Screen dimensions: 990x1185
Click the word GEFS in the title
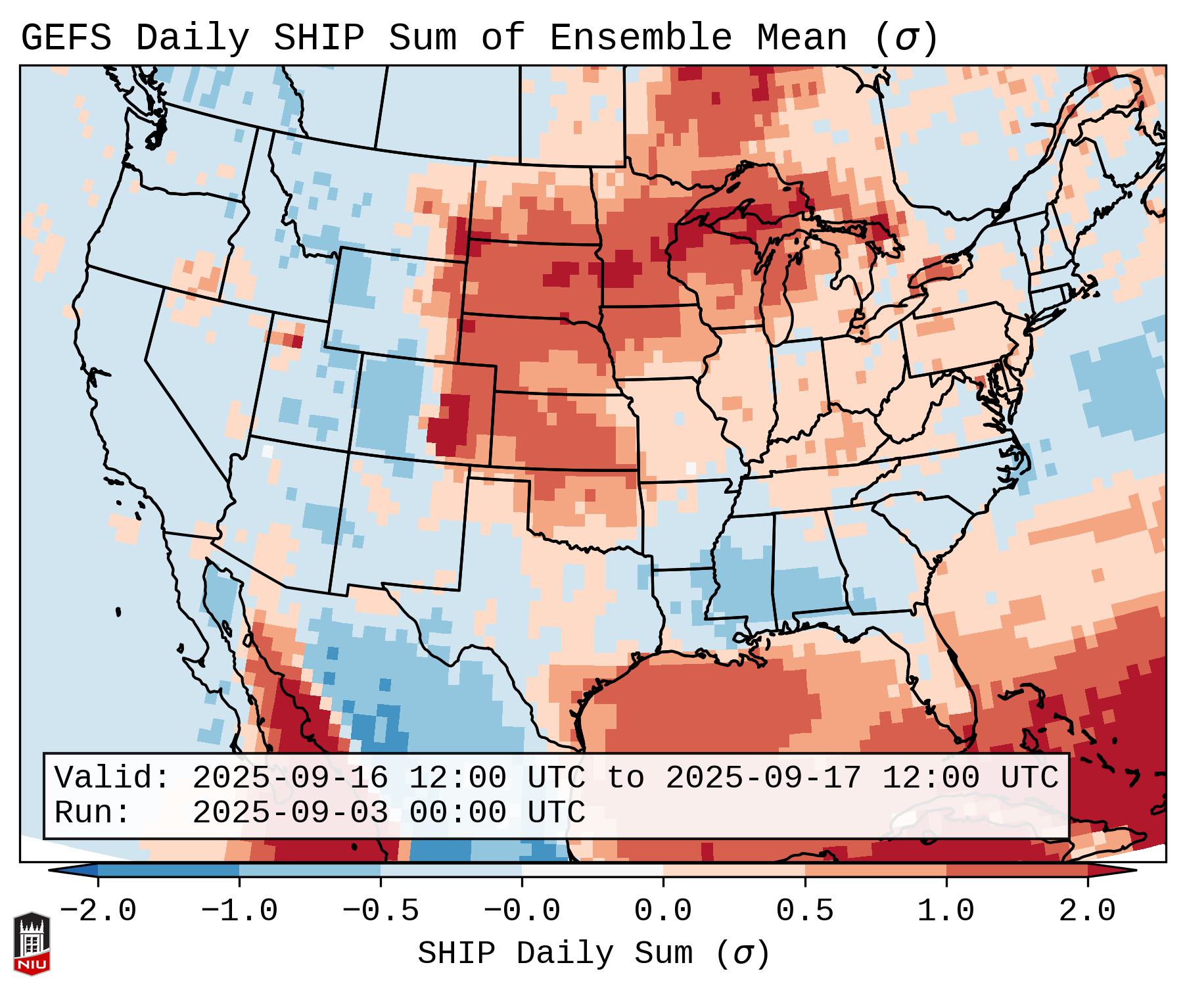66,38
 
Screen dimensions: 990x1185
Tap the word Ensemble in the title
640,38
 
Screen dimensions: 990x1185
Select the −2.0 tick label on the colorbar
98,911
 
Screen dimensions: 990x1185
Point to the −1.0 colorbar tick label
239,911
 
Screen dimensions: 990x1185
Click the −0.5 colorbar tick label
381,911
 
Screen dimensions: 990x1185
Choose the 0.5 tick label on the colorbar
804,911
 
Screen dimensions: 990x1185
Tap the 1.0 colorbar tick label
946,911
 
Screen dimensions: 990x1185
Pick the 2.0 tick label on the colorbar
1087,911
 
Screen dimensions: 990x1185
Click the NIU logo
32,943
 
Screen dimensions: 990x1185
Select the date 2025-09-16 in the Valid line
290,778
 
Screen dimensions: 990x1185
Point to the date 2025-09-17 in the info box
763,778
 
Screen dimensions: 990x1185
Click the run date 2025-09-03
290,813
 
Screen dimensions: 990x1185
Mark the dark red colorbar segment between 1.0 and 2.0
1017,870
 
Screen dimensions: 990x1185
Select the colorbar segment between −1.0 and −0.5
310,870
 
